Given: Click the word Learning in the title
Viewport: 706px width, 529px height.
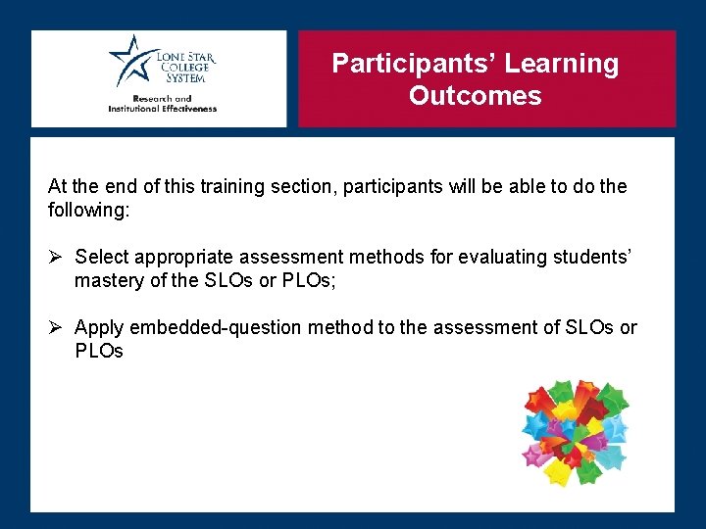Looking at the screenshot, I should (565, 64).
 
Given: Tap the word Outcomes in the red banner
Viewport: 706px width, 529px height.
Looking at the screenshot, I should (475, 96).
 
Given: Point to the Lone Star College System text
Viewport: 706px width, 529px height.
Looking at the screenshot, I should (183, 68).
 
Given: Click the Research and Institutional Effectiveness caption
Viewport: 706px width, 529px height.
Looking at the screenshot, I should (162, 104).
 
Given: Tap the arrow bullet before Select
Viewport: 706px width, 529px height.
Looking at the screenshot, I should (56, 257).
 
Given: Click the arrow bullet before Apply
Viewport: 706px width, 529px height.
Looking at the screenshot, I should (56, 327).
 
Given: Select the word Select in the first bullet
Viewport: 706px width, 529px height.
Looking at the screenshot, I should (101, 257).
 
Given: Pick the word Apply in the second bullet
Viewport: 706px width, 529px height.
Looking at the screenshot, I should (98, 327).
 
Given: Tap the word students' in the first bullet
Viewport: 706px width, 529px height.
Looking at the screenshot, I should (594, 257).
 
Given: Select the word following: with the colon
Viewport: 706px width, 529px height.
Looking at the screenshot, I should (88, 210).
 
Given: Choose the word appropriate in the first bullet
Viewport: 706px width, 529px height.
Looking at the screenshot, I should (184, 257).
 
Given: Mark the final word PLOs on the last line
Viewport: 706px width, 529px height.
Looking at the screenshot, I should (99, 351).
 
